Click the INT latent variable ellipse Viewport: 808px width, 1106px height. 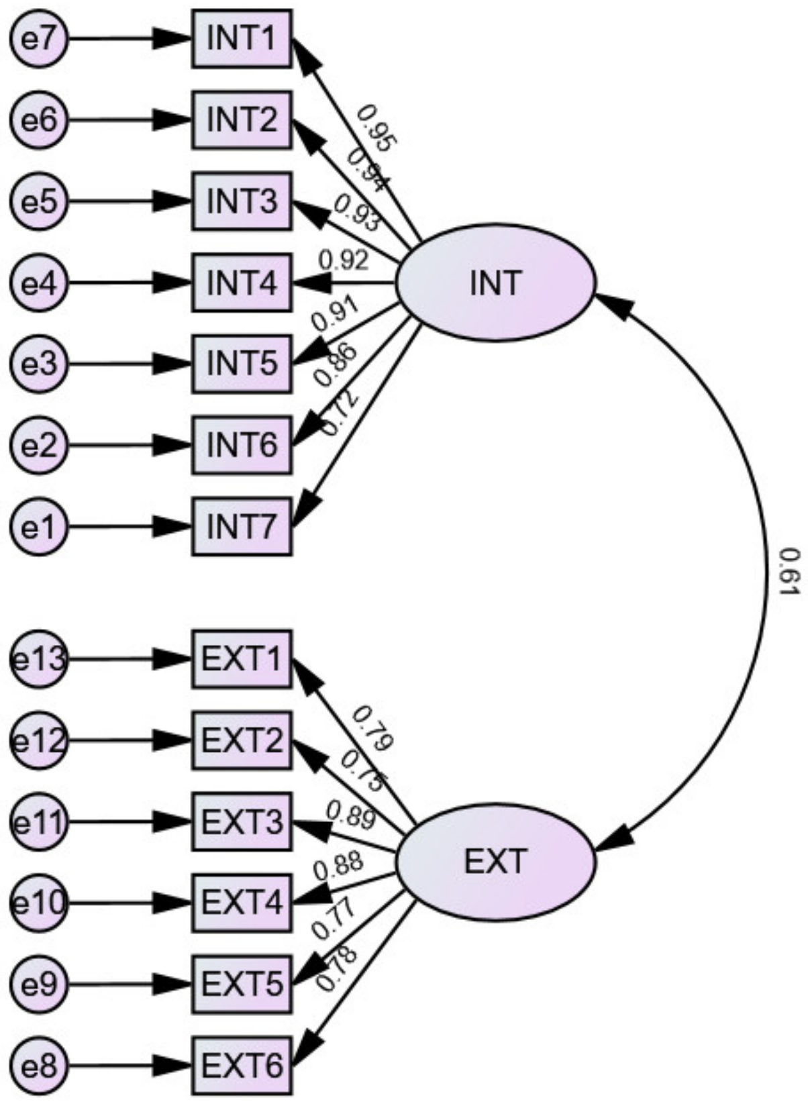[495, 283]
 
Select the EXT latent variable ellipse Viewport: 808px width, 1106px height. [495, 860]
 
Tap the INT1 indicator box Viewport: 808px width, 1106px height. [242, 38]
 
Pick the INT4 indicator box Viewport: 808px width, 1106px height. [242, 283]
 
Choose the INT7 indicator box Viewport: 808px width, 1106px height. [242, 526]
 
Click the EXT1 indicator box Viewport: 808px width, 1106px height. [242, 658]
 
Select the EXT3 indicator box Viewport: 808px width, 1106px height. [242, 822]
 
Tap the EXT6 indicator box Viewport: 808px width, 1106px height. [242, 1066]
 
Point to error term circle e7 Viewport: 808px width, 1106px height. [39, 38]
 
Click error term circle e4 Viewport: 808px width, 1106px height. [39, 283]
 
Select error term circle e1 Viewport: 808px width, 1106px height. [39, 526]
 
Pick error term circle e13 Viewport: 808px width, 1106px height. [39, 658]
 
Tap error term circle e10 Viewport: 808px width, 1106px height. [39, 903]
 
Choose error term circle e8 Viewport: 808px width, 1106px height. [39, 1066]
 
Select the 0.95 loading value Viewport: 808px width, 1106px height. [377, 128]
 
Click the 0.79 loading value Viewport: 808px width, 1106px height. [372, 727]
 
